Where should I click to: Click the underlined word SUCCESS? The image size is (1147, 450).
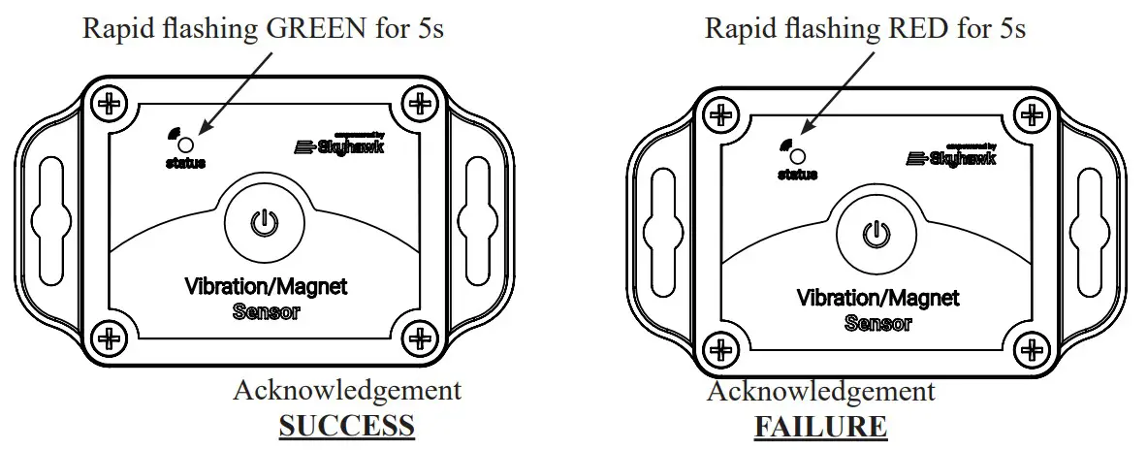coord(346,426)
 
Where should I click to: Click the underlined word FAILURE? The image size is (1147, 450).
coord(820,426)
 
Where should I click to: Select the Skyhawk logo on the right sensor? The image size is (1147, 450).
coord(949,156)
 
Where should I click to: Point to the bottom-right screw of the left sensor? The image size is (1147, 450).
coord(418,338)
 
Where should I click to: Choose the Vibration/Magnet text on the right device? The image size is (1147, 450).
coord(877,298)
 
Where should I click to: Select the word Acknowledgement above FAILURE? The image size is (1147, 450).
coord(820,391)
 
